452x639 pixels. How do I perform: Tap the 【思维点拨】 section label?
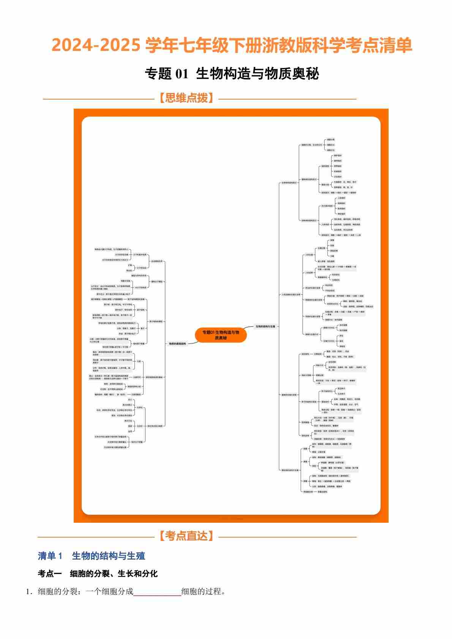(186, 98)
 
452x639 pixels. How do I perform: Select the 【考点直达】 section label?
(186, 536)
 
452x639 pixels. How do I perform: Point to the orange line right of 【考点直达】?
(288, 537)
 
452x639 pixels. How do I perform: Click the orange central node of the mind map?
(221, 335)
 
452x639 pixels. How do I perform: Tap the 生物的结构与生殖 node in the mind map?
(266, 326)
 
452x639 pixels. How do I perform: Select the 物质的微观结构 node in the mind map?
(177, 344)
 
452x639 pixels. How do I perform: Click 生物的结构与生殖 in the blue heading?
(109, 556)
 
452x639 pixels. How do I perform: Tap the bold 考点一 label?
(50, 574)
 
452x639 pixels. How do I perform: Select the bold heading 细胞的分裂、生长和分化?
(114, 574)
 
